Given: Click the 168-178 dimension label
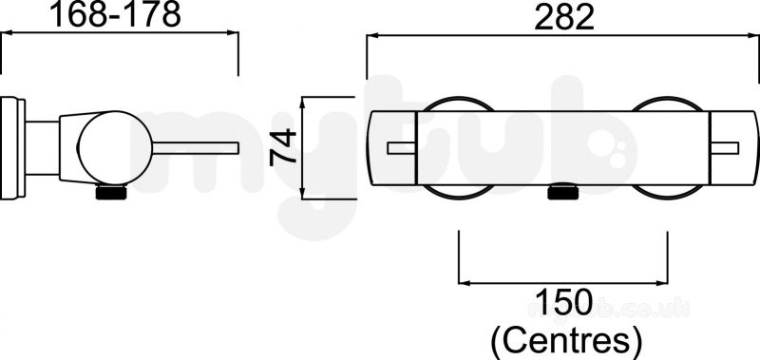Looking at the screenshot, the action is (115, 14).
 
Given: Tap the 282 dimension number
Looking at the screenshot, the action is (564, 18).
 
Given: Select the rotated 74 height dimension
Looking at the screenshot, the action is (283, 147).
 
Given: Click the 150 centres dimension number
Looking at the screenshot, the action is (563, 302).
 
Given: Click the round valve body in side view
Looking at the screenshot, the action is (115, 148).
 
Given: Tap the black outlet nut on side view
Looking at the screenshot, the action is (111, 193).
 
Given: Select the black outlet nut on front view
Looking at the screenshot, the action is (562, 192).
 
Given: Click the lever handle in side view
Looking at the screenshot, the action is (196, 148).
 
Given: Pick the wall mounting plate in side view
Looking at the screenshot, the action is (12, 148).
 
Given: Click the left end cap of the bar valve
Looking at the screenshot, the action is (392, 148).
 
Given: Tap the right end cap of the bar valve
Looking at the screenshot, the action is (733, 148).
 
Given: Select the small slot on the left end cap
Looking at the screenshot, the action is (402, 148).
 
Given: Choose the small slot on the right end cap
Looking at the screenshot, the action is (724, 148).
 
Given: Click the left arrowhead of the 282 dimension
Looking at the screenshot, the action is (370, 35).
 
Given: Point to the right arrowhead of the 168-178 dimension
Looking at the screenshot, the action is (234, 32).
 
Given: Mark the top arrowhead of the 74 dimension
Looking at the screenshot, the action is (302, 101).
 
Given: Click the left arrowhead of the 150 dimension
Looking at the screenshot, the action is (463, 283).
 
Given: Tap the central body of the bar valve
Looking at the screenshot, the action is (562, 148).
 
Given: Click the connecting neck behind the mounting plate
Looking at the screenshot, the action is (42, 148).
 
